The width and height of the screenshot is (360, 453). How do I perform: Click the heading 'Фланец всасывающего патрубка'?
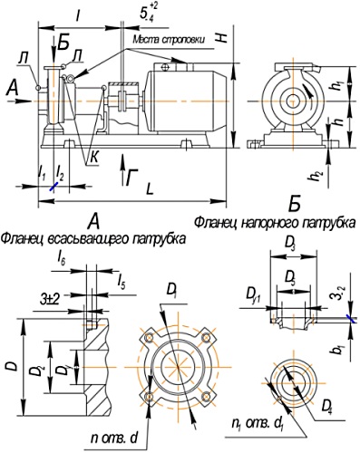pyautogui.click(x=93, y=238)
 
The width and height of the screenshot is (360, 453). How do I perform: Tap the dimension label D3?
pyautogui.click(x=289, y=246)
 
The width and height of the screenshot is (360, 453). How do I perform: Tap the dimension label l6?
pyautogui.click(x=60, y=260)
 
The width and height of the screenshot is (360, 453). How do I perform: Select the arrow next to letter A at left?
pyautogui.click(x=22, y=88)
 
